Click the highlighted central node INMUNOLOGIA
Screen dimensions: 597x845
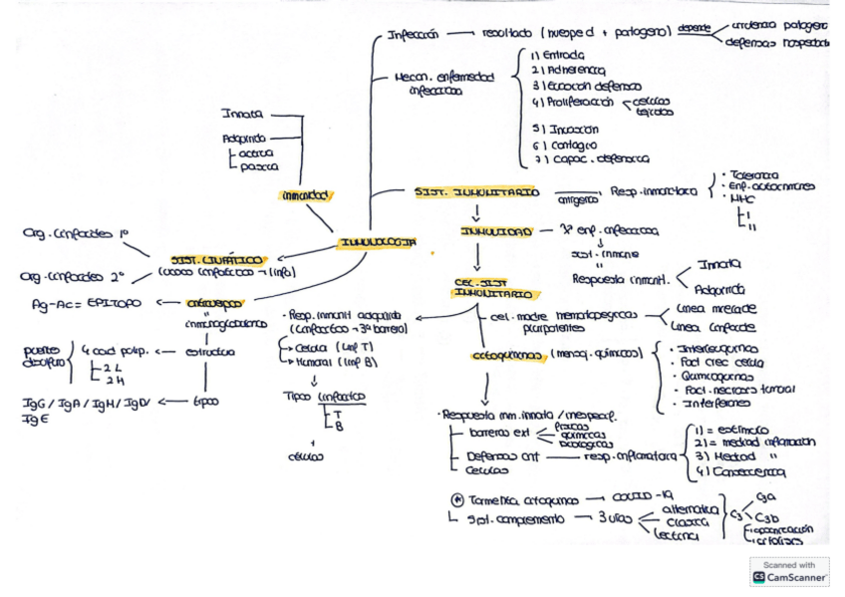pos(378,241)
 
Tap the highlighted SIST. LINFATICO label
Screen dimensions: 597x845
pos(216,258)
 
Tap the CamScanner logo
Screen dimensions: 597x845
pos(789,575)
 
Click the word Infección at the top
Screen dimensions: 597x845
pos(414,37)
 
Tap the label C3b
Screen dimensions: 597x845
pos(768,517)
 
